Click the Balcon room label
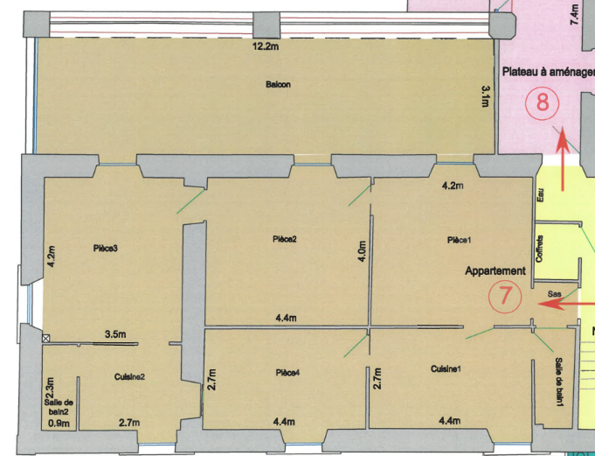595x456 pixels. [278, 85]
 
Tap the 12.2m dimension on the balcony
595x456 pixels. [265, 46]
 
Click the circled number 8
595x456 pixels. [542, 102]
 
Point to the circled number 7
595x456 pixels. [504, 297]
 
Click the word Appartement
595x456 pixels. [495, 271]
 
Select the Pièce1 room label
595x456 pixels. [459, 240]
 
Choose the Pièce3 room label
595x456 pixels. [105, 248]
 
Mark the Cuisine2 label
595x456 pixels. [129, 377]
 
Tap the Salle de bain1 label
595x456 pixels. [557, 382]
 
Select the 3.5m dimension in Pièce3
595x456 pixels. [116, 334]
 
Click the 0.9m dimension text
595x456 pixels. [59, 424]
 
